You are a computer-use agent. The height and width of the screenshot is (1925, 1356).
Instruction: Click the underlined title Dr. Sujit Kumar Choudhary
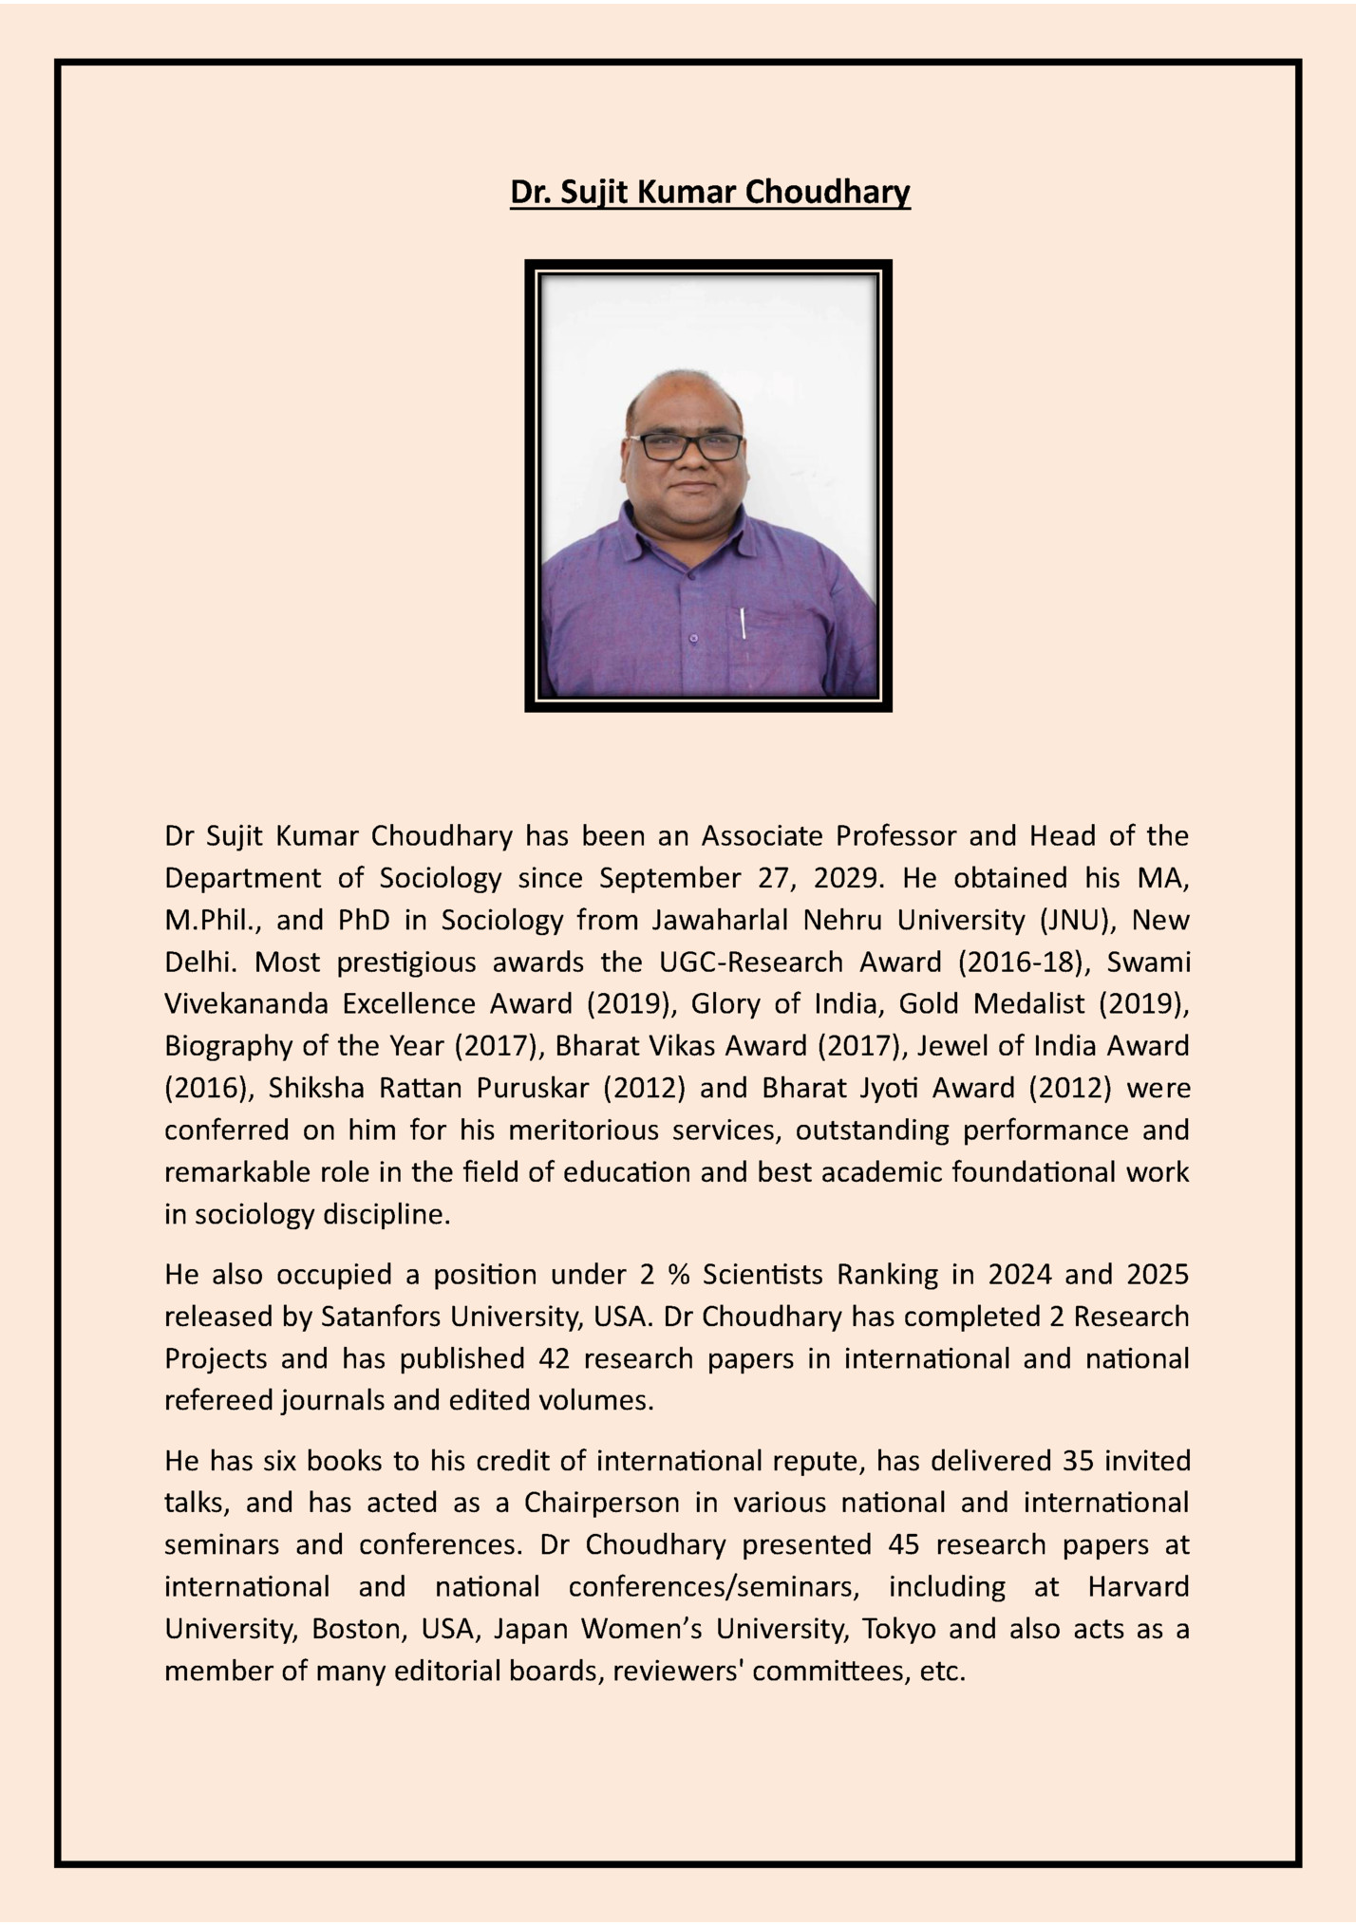click(709, 192)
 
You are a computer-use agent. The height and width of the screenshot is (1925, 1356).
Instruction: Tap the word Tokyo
click(898, 1629)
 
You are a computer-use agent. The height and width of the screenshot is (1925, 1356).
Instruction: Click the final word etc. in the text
click(942, 1671)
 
